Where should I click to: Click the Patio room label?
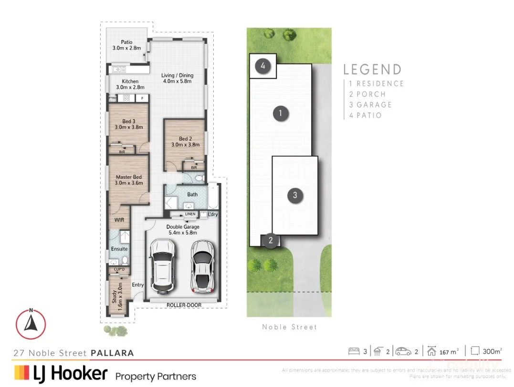click(x=126, y=42)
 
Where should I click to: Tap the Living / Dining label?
click(x=177, y=75)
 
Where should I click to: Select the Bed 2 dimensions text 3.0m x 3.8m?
click(x=185, y=144)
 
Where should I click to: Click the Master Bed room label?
click(x=129, y=177)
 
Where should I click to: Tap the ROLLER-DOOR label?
click(x=184, y=305)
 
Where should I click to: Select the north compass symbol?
click(x=31, y=324)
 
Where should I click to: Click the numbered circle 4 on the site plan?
click(x=263, y=66)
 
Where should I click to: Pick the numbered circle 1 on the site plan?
click(x=281, y=113)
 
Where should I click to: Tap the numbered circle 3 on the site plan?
click(x=295, y=195)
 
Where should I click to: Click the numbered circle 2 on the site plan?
click(x=271, y=240)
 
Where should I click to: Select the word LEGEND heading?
click(x=372, y=70)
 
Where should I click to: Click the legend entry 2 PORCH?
click(x=367, y=94)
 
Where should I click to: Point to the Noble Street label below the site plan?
click(x=289, y=327)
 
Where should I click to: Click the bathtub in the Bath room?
click(x=213, y=197)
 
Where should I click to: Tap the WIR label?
click(x=119, y=220)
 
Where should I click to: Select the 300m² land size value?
click(x=492, y=352)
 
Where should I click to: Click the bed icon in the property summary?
click(x=354, y=352)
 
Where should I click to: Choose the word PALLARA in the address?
click(x=112, y=353)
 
